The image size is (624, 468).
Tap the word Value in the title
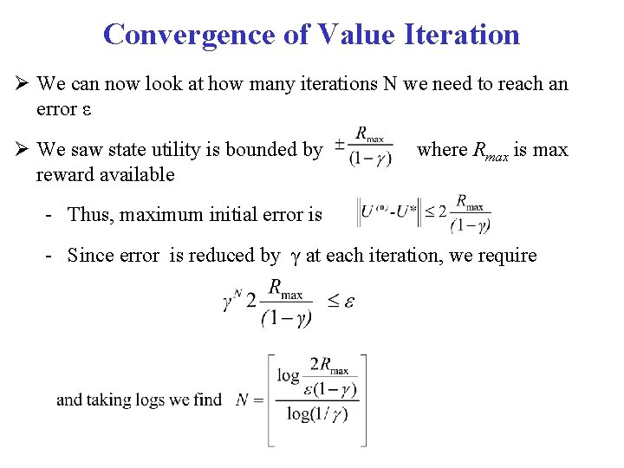(x=354, y=35)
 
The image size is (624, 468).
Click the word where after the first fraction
(x=442, y=150)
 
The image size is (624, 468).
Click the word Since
(x=91, y=256)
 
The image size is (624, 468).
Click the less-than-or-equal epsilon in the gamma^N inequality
(x=341, y=301)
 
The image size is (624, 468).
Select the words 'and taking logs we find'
(x=139, y=400)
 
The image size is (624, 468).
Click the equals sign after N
(x=257, y=400)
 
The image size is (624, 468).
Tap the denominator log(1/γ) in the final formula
(x=317, y=413)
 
